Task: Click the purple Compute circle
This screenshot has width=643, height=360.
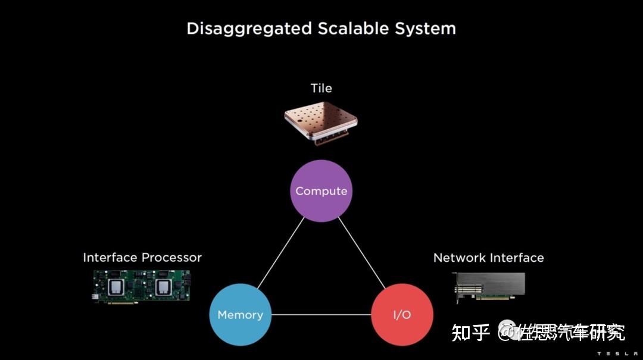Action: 321,191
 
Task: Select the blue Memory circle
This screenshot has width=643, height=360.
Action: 240,315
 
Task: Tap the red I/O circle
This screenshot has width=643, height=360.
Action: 402,315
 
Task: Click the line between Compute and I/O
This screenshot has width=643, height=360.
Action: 362,253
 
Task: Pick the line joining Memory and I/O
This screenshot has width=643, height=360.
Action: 321,315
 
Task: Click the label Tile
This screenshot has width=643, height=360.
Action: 321,88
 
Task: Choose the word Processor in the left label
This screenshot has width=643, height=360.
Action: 171,258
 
